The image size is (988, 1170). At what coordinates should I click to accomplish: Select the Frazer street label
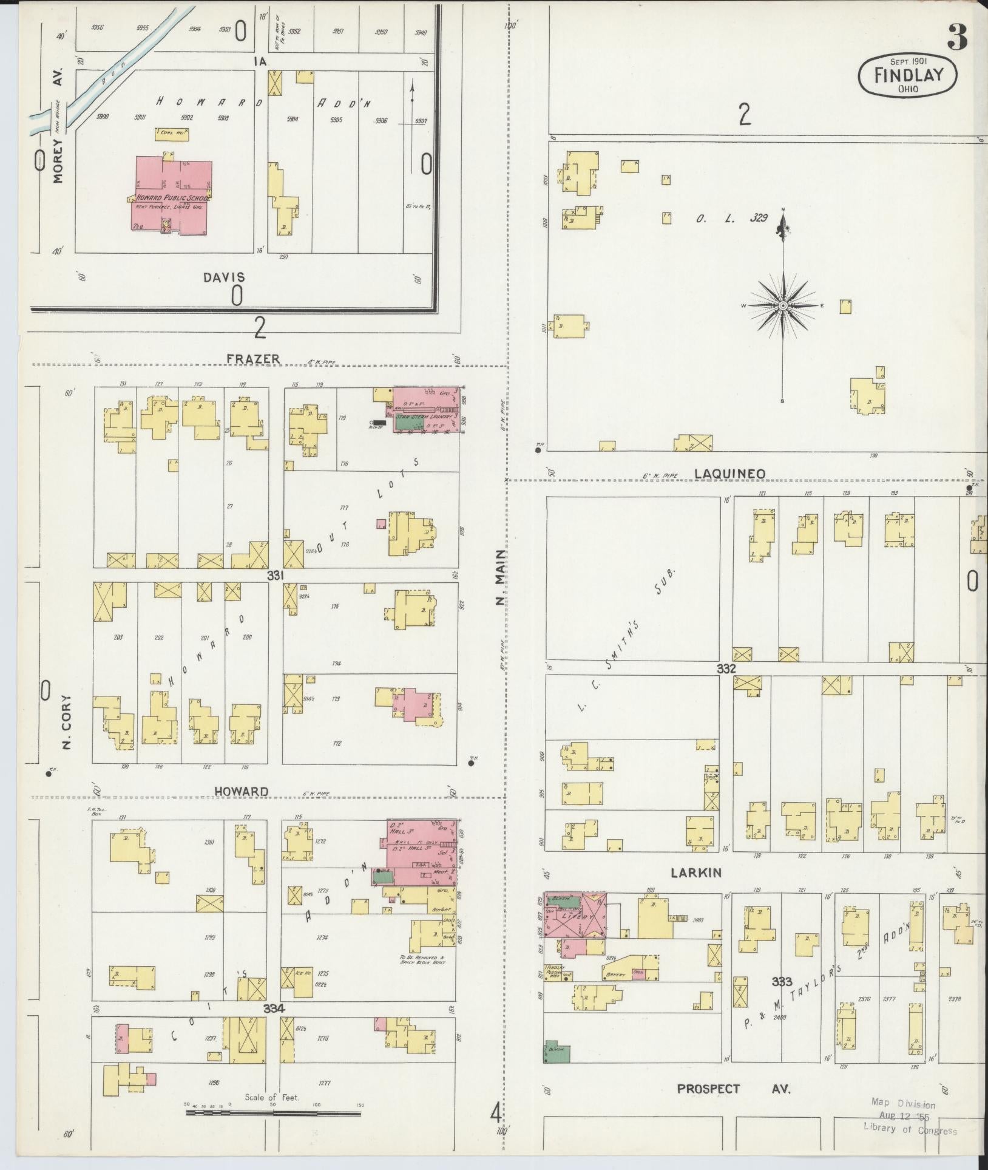[x=253, y=359]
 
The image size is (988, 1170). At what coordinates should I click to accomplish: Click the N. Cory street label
[x=67, y=723]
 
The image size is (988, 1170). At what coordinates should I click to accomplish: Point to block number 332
[x=726, y=668]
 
